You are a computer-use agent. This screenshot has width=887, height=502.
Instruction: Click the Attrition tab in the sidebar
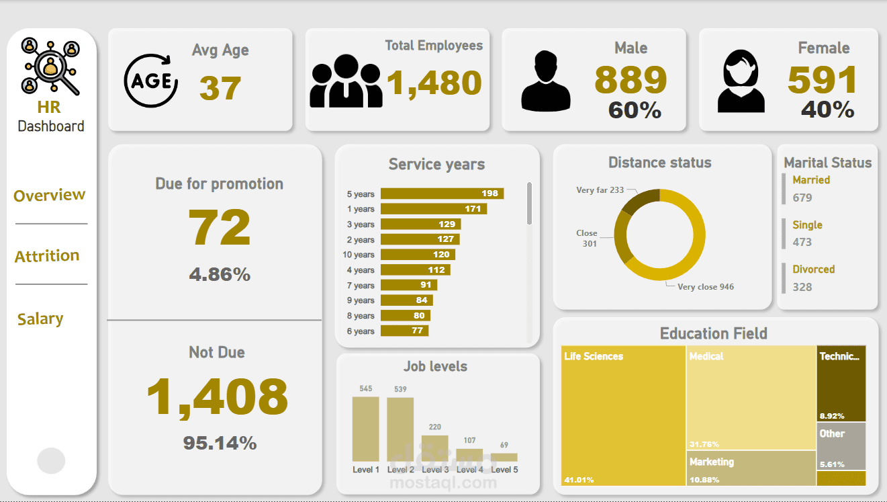click(x=47, y=255)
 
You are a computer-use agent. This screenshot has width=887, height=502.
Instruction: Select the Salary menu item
click(x=40, y=319)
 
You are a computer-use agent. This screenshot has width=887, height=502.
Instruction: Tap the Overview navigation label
click(x=49, y=195)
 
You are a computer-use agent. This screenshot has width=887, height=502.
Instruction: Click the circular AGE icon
click(x=151, y=81)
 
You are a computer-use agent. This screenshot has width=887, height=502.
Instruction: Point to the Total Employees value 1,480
click(x=434, y=83)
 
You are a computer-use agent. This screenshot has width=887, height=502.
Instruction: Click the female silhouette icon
click(x=741, y=82)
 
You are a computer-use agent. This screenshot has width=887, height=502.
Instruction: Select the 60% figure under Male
click(x=635, y=110)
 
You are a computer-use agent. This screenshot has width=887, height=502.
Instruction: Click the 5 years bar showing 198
click(x=442, y=194)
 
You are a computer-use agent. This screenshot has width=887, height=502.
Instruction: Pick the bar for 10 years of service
click(x=418, y=255)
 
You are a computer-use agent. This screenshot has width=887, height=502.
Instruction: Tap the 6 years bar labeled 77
click(x=404, y=331)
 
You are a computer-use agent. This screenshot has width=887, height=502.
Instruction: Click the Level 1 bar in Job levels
click(x=365, y=429)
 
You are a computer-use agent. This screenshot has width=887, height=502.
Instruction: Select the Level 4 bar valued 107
click(x=469, y=455)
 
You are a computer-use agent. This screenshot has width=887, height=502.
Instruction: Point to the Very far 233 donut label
click(x=600, y=190)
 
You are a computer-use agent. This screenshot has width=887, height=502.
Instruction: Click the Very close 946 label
click(x=705, y=287)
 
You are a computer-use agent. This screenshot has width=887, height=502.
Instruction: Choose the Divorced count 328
click(x=802, y=287)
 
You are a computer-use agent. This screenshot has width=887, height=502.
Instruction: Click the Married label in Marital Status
click(x=811, y=180)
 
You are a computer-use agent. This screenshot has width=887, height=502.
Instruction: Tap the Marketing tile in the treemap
click(x=751, y=468)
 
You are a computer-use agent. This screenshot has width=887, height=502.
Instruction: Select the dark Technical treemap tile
click(x=841, y=384)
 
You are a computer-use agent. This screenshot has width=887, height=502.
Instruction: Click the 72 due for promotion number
click(x=219, y=228)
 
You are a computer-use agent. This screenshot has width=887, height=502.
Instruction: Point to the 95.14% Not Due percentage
click(x=220, y=443)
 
